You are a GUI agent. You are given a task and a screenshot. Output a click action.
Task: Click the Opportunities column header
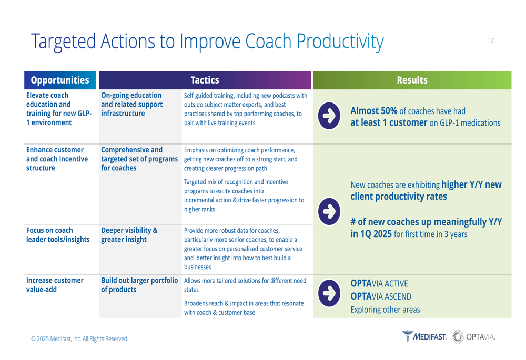point(60,80)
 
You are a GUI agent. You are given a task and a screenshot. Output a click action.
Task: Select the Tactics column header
point(205,80)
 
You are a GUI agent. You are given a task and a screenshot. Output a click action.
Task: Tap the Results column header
point(412,80)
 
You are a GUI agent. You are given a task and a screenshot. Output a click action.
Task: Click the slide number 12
point(491,41)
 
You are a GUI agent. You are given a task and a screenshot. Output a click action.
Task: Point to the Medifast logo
point(424,336)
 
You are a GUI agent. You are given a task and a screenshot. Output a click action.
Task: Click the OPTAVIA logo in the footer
point(474,336)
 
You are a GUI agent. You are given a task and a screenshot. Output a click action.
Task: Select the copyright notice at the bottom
point(79,338)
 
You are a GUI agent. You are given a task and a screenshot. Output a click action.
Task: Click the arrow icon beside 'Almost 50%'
point(329,116)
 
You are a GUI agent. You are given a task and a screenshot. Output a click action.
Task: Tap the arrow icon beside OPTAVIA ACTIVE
point(329,293)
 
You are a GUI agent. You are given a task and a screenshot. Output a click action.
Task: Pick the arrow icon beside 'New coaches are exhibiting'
point(329,211)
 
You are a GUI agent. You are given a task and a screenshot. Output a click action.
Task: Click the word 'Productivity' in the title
point(340,42)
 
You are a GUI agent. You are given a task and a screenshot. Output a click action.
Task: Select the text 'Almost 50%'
point(373,110)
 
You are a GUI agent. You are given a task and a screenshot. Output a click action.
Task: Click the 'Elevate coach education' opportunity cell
point(59,109)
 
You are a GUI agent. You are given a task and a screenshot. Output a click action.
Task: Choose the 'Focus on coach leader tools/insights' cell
point(58,235)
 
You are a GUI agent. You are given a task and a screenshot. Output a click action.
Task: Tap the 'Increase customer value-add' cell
point(55,285)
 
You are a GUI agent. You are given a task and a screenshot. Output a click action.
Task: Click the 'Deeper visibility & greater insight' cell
point(129,235)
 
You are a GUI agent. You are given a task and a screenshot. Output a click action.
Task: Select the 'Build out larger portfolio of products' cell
point(139,285)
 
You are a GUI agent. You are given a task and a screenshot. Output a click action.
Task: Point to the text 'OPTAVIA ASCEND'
point(381,296)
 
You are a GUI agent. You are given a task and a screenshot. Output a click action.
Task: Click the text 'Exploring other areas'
point(385,310)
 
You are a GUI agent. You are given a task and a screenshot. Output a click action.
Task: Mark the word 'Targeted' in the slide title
point(64,42)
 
